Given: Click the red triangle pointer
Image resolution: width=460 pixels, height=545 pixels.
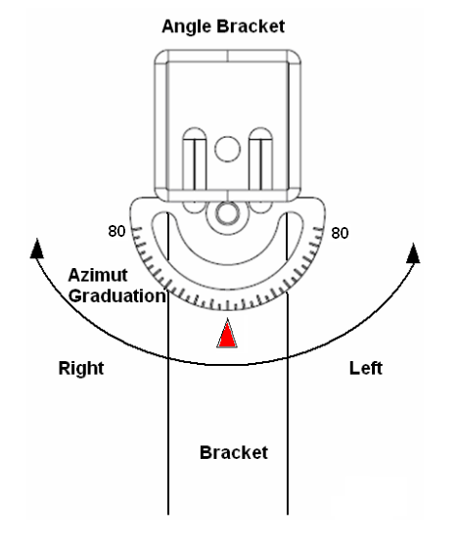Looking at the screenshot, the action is [227, 335].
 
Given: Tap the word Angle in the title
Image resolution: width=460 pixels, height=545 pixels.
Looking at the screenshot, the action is [187, 26].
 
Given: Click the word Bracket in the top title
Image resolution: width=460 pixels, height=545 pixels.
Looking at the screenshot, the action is [251, 26].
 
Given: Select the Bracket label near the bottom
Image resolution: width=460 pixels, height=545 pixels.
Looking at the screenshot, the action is [234, 453].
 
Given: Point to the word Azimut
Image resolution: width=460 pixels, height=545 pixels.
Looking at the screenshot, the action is [98, 275].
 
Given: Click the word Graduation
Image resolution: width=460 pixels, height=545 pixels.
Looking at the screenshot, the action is [116, 296].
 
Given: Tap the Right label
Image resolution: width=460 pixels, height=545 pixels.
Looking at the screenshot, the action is [81, 369].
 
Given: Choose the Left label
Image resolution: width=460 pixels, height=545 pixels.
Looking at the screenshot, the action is [366, 368].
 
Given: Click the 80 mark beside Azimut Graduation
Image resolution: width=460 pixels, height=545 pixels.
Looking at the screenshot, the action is [116, 231].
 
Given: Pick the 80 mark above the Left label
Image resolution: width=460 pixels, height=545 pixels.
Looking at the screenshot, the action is [340, 233].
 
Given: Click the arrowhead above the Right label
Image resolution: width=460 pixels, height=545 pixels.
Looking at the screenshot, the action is [37, 249].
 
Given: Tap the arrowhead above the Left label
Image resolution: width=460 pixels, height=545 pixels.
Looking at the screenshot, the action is [413, 253].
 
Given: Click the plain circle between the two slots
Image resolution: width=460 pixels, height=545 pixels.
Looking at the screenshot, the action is [227, 149].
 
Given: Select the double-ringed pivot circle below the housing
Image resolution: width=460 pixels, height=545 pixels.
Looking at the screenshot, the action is [227, 213].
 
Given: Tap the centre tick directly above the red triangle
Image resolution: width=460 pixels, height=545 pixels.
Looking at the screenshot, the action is [228, 306].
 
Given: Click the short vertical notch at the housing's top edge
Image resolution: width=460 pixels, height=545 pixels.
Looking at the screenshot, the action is [227, 56].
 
